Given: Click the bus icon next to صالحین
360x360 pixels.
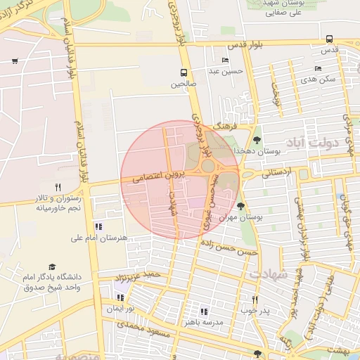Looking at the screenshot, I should [x=184, y=72].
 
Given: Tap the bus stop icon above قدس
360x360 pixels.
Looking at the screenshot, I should [x=330, y=39].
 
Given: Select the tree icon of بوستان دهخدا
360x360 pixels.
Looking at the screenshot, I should [x=256, y=139].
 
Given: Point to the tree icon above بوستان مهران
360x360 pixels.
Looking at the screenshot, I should [x=242, y=207].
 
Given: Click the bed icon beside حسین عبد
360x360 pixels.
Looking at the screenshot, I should [x=225, y=60].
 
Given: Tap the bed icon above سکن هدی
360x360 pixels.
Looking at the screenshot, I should [x=319, y=69].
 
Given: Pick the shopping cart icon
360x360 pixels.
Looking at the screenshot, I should [x=15, y=61].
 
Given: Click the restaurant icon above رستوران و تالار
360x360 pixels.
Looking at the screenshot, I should [x=58, y=188].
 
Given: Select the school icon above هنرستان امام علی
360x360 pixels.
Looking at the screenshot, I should [x=98, y=226].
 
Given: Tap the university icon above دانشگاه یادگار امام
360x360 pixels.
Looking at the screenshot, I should [x=53, y=266].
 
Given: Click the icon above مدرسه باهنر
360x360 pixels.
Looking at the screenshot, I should [x=204, y=311].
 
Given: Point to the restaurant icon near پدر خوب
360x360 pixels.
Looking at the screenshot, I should [x=255, y=300].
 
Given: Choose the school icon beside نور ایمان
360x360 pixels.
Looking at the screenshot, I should [x=121, y=297].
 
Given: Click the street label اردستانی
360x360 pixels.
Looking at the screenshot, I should [x=276, y=172].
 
